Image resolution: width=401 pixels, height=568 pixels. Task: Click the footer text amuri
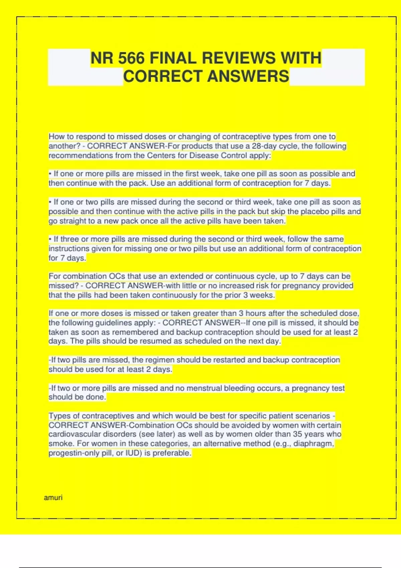pyautogui.click(x=53, y=498)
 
